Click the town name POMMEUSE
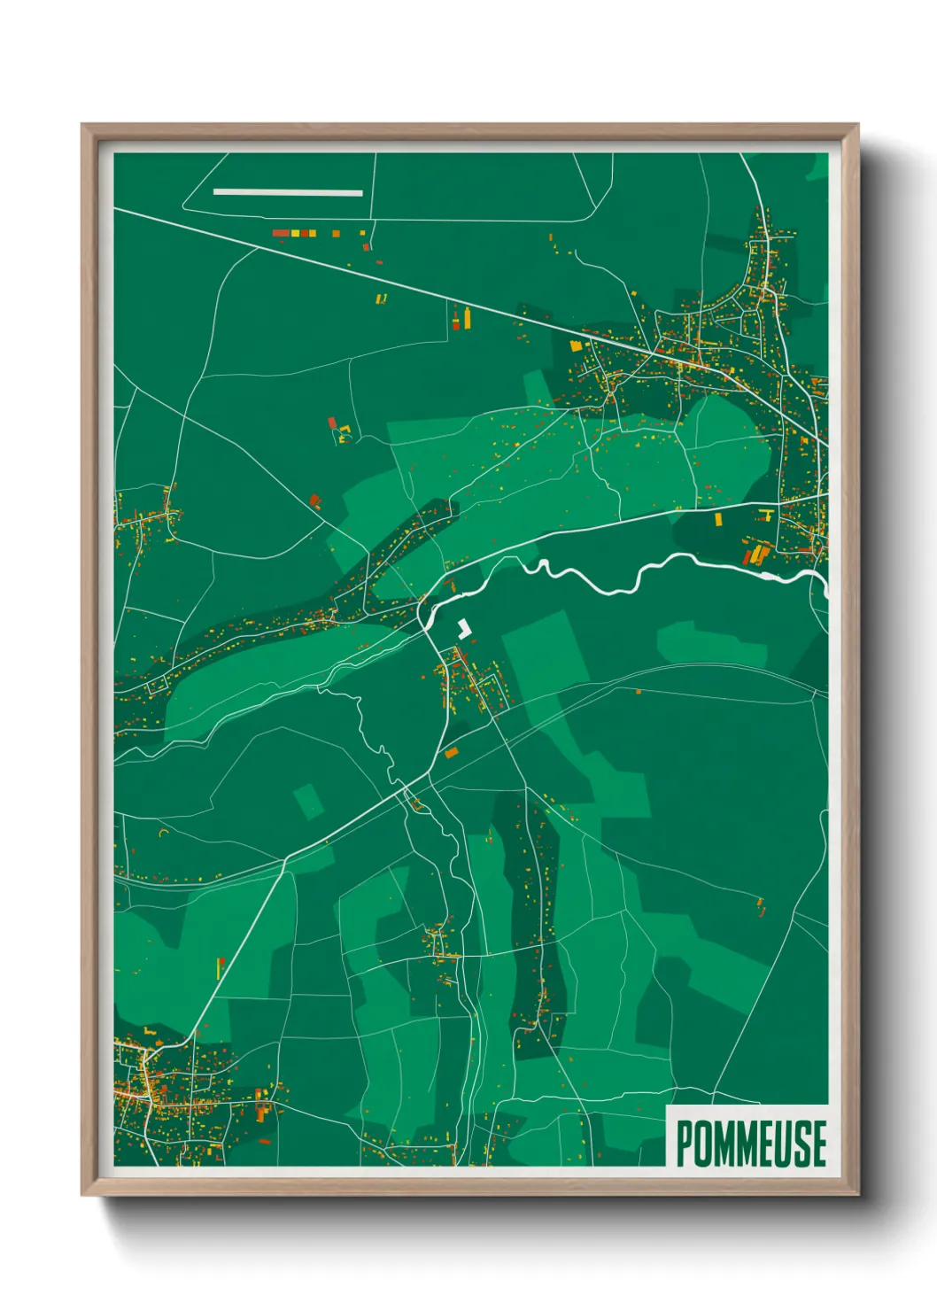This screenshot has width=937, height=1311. [751, 1143]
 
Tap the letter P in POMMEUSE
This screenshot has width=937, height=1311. [685, 1143]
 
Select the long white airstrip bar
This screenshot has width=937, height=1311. [288, 192]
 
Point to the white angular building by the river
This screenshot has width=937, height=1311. [463, 629]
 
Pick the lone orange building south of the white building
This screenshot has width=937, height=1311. [452, 753]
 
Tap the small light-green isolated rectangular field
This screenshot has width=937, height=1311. [308, 801]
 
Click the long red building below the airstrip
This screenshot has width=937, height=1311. [281, 233]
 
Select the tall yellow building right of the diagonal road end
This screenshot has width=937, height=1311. [466, 314]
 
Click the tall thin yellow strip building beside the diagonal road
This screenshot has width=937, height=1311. [219, 967]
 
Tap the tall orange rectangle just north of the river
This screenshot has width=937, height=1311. [718, 519]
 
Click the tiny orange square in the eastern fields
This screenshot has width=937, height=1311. [639, 691]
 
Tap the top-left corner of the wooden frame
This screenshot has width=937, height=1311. [83, 126]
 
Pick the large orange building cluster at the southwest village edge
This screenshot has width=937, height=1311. [260, 1106]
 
